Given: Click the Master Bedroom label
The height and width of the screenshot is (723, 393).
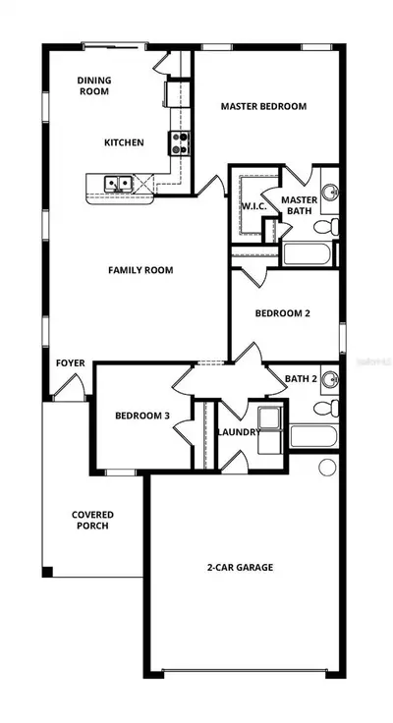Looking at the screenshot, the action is pos(263,106).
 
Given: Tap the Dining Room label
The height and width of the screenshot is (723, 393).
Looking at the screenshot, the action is pos(94,85).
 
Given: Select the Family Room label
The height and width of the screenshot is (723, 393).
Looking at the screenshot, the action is pos(140,270).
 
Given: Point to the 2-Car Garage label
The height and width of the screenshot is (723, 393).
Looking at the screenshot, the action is pos(239,567).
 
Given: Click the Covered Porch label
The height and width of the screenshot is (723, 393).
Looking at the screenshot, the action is pos(92,520).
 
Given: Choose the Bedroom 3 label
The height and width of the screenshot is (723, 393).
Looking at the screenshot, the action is pos(142,416).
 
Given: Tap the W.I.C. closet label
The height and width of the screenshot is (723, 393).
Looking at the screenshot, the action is pos(253,206).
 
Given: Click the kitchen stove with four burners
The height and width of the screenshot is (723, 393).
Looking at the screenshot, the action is pos(180,143).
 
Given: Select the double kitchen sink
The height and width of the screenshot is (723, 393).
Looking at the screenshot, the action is pos(118,184).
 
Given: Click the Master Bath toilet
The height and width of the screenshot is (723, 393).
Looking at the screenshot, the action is pos(326,227).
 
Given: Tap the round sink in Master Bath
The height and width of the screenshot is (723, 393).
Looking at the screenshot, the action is pos(330,192).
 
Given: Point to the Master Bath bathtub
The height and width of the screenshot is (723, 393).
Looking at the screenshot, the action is pos(307,254).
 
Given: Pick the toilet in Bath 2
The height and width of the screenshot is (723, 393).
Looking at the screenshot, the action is pos(326,408).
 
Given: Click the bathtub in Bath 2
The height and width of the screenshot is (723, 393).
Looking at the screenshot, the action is pos(313,436).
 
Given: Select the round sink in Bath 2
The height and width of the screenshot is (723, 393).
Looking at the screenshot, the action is pos(330,379).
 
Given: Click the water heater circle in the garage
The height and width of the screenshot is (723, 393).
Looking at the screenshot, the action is pos(327,467).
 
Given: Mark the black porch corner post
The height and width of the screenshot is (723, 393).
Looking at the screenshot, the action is pos(47,572).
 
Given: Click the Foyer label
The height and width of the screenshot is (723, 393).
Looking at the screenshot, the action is pos(71,363).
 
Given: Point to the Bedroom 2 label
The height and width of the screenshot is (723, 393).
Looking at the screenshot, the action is pos(282,313).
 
